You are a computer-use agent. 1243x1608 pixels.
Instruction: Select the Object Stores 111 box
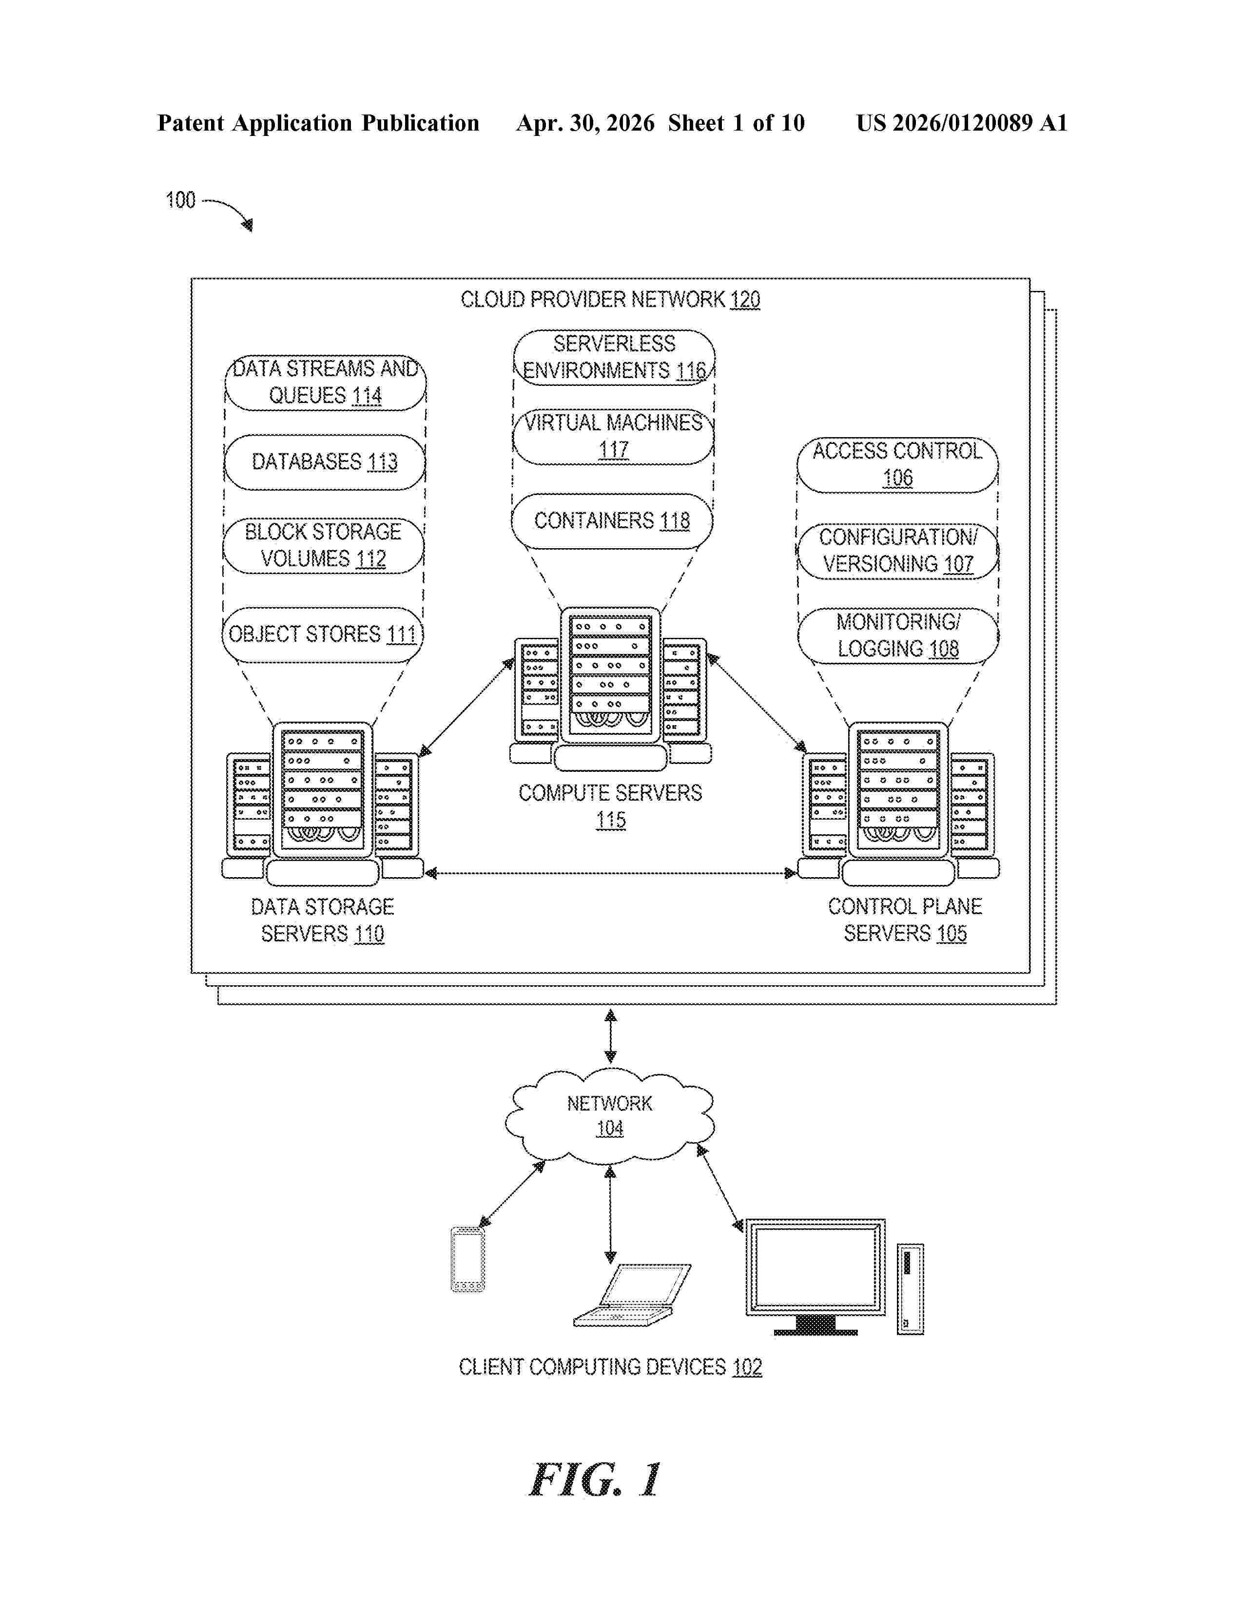point(323,634)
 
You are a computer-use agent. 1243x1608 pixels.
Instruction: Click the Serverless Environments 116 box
point(614,358)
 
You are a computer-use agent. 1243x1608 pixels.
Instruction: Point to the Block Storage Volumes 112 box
point(323,546)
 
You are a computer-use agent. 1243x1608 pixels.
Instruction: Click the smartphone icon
point(467,1259)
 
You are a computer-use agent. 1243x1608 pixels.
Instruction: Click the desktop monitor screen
point(815,1267)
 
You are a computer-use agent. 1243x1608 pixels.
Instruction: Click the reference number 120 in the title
point(745,300)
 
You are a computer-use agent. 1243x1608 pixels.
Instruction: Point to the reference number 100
point(180,200)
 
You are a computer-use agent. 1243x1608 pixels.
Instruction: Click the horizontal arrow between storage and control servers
point(610,873)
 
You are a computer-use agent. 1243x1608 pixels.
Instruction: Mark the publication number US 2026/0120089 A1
point(962,123)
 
